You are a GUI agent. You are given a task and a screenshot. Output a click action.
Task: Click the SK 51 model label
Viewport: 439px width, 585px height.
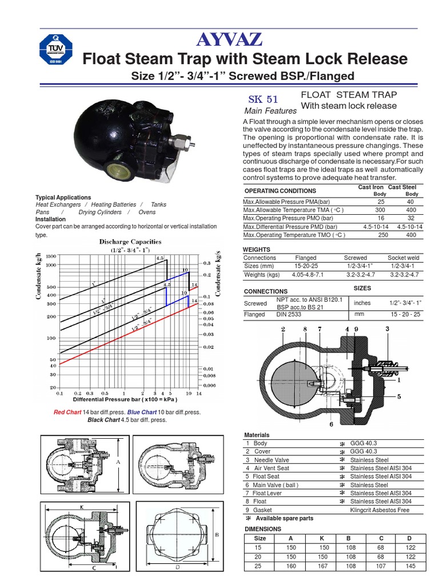(263, 98)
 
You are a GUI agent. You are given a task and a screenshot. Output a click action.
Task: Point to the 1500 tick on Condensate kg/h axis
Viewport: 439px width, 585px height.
(51, 257)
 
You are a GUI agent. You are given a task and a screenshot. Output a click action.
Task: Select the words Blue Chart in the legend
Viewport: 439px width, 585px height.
(142, 412)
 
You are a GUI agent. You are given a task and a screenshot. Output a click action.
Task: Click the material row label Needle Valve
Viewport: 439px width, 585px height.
(272, 460)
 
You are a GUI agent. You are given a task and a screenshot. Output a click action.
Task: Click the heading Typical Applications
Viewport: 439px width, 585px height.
(63, 197)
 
